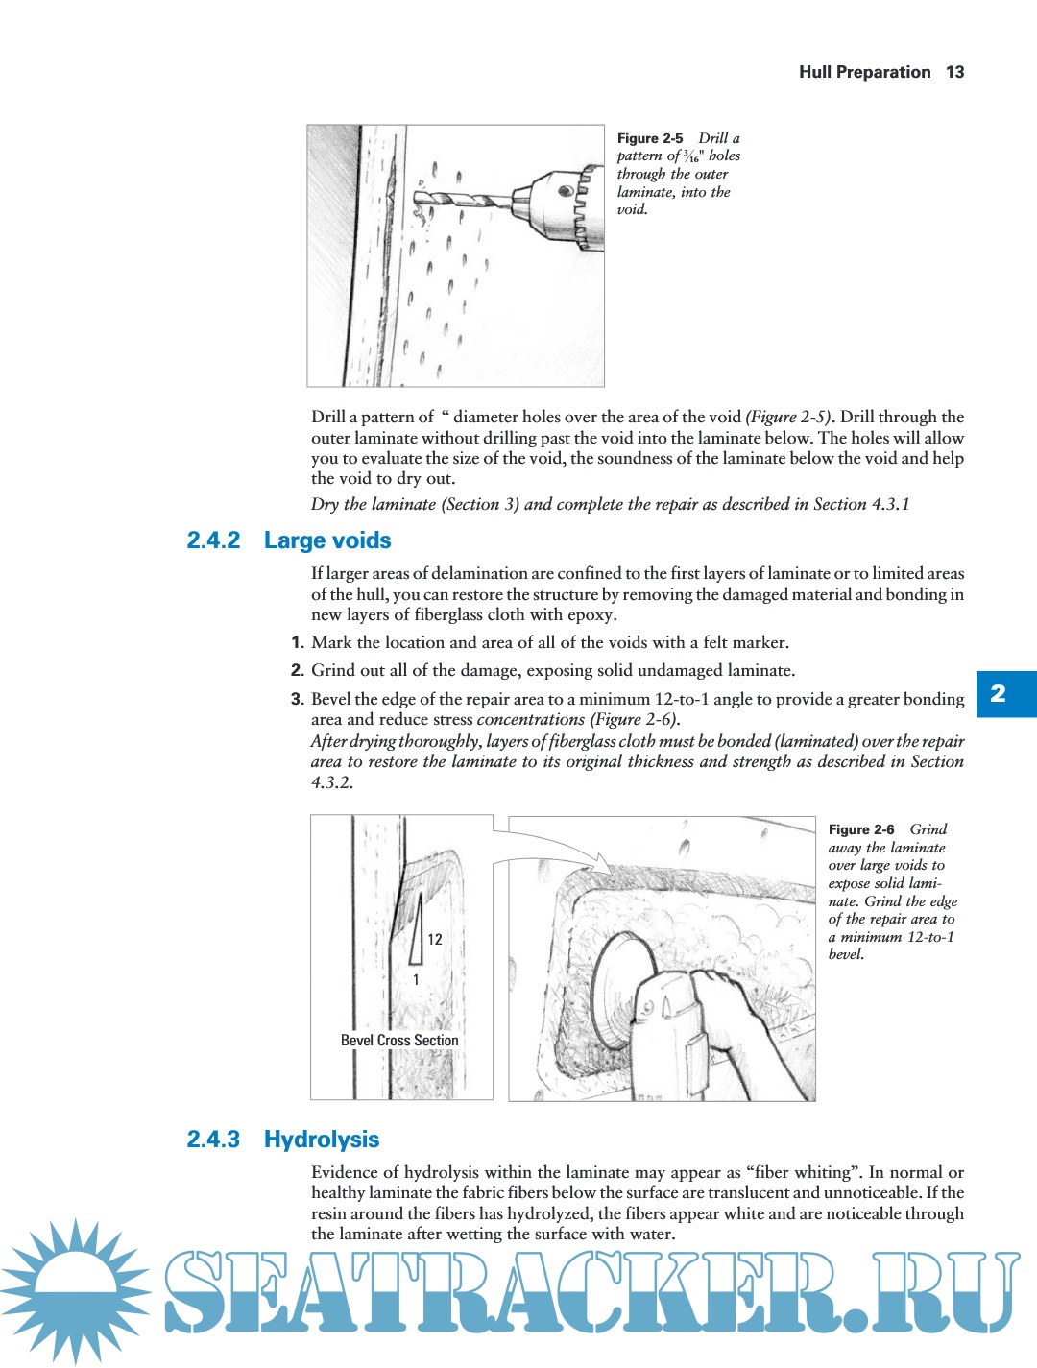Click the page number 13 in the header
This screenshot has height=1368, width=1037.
(x=954, y=72)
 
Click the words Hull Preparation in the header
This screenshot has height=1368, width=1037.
(x=864, y=72)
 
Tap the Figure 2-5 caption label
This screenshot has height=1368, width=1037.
(x=650, y=138)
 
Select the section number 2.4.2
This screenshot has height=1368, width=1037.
(x=213, y=540)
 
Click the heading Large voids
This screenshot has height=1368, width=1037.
(x=327, y=540)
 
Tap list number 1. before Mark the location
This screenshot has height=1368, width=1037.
(x=298, y=642)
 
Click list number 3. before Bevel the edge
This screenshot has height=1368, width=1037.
(x=298, y=699)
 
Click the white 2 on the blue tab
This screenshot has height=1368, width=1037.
(x=999, y=693)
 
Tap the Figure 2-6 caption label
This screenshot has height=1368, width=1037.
(x=861, y=829)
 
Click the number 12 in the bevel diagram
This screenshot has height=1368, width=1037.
(x=435, y=939)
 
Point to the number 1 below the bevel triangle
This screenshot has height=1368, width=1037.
(x=416, y=979)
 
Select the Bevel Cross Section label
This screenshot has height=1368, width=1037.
(x=399, y=1040)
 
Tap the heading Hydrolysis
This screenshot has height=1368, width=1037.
(x=322, y=1140)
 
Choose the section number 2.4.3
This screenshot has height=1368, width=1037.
(x=213, y=1140)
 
